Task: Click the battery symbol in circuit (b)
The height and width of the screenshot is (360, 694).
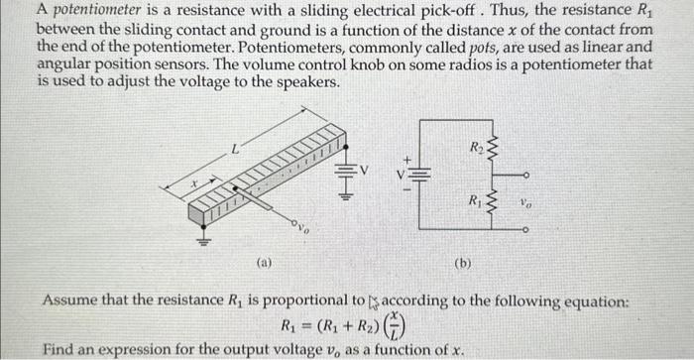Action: point(418,172)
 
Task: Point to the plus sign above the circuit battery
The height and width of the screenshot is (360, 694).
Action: point(405,157)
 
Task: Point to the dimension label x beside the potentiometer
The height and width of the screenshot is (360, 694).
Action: point(195,181)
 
